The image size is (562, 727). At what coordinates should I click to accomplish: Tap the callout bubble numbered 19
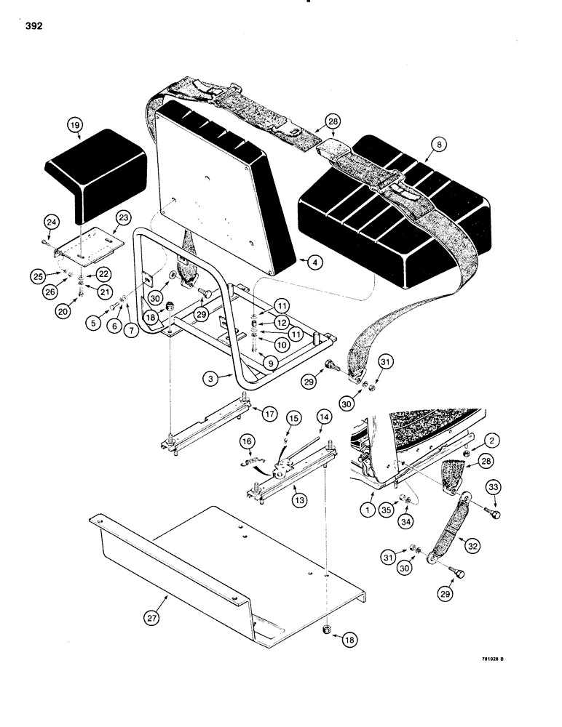pos(74,125)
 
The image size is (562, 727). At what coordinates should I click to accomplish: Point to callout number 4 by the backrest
pos(313,265)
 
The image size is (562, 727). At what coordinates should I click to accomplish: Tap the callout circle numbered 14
pos(323,417)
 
